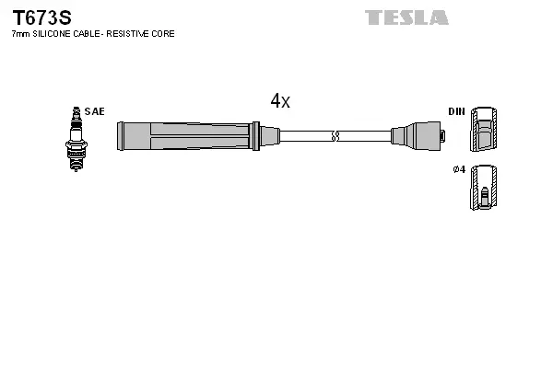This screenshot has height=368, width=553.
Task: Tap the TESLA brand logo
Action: tap(406, 17)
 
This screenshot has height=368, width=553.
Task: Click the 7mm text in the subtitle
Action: tap(19, 34)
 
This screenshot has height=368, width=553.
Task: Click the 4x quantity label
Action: tap(280, 101)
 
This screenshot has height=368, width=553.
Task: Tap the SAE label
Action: tap(94, 111)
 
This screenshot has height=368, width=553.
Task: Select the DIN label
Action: tap(456, 111)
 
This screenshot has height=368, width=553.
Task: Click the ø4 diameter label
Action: tap(458, 170)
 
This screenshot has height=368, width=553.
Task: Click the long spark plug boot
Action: tap(184, 136)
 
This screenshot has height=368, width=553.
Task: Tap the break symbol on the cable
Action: tap(336, 136)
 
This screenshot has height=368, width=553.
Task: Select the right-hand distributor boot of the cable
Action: tap(418, 136)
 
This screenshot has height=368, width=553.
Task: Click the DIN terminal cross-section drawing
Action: tap(485, 130)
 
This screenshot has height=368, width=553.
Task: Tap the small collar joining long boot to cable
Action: tap(268, 136)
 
